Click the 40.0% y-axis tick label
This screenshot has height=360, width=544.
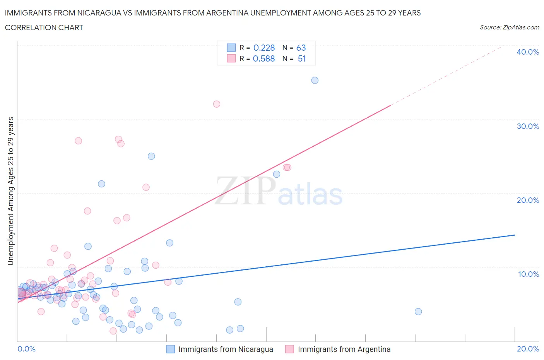click(x=527, y=52)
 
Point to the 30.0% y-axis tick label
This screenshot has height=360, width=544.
click(x=527, y=126)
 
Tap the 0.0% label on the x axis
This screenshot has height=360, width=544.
click(x=26, y=349)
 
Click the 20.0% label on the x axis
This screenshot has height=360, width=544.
click(x=528, y=349)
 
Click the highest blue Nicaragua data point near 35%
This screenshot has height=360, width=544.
click(x=315, y=80)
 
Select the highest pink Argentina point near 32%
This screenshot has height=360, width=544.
click(x=217, y=104)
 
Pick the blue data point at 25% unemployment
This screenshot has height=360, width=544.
click(x=151, y=156)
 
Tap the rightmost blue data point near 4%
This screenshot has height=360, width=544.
click(x=418, y=312)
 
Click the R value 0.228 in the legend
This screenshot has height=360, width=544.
click(x=264, y=48)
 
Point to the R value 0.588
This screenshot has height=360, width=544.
click(x=263, y=58)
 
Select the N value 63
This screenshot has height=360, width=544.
click(x=301, y=48)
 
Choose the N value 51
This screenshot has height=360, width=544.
click(x=302, y=58)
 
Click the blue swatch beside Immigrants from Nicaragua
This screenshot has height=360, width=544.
click(x=171, y=349)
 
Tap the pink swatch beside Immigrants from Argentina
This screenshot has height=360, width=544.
click(x=289, y=349)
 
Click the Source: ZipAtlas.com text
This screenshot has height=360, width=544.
click(x=509, y=27)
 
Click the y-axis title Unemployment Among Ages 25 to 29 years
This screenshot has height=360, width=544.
click(x=10, y=191)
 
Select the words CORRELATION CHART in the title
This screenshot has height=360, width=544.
click(x=44, y=27)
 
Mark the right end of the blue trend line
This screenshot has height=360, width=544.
click(x=515, y=235)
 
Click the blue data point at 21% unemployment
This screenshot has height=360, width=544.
click(x=101, y=184)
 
